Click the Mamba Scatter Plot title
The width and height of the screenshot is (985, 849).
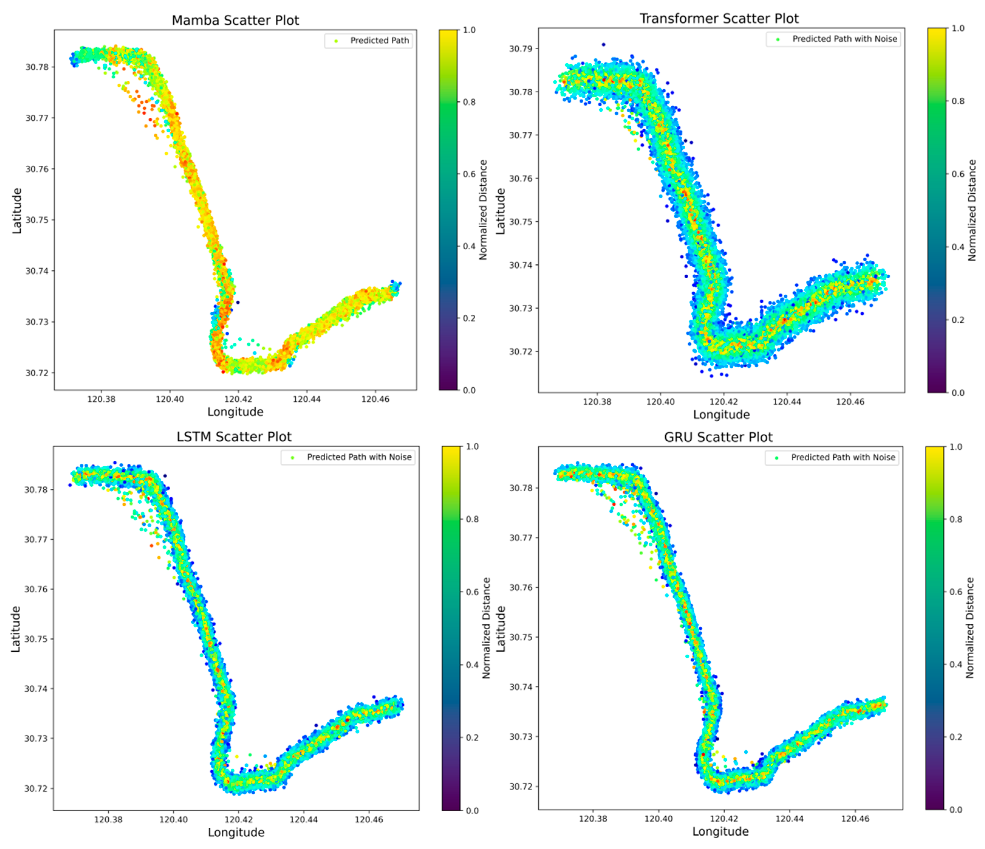click(x=235, y=20)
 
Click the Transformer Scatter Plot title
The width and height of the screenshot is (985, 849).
click(x=719, y=19)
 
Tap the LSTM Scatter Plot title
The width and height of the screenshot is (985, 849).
click(x=234, y=436)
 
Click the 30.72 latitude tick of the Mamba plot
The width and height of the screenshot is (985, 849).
click(x=37, y=373)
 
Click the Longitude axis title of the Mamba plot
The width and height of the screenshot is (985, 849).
click(x=235, y=412)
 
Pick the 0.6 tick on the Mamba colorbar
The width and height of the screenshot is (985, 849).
click(x=469, y=174)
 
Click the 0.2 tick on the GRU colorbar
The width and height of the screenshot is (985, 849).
click(x=956, y=737)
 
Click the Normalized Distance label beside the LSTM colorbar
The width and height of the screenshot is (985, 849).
click(x=486, y=627)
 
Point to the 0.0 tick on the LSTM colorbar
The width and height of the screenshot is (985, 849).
click(x=472, y=810)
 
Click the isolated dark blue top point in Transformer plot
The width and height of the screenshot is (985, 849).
click(x=603, y=44)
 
